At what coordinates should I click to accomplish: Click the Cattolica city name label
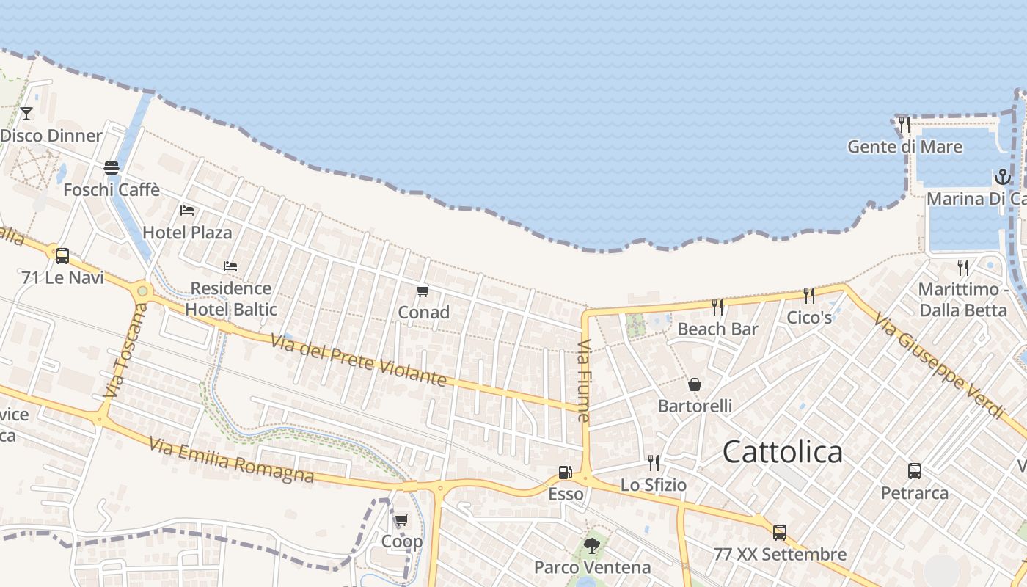(x=782, y=452)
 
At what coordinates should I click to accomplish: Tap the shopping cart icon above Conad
(x=423, y=291)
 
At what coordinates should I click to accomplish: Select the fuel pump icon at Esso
(x=565, y=473)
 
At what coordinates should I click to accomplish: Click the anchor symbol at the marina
(x=1002, y=177)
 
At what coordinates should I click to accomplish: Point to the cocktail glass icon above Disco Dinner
(x=26, y=113)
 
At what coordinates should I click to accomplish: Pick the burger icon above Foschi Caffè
(x=112, y=168)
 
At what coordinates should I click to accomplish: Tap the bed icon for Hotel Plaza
(x=187, y=211)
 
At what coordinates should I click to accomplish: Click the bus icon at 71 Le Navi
(x=62, y=256)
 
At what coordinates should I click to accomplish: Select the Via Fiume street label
(x=584, y=380)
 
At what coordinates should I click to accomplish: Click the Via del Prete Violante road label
(x=358, y=360)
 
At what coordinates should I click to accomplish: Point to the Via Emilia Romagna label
(x=231, y=460)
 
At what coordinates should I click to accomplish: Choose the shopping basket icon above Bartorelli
(x=694, y=384)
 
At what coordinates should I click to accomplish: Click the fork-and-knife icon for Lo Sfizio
(x=653, y=462)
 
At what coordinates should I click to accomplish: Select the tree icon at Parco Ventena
(x=592, y=546)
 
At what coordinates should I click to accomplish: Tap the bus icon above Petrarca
(x=914, y=471)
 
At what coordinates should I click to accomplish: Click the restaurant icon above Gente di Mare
(x=904, y=124)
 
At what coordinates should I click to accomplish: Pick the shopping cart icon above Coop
(x=401, y=520)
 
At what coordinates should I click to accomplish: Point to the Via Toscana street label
(x=123, y=350)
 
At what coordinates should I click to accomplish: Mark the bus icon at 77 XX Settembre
(x=779, y=533)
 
